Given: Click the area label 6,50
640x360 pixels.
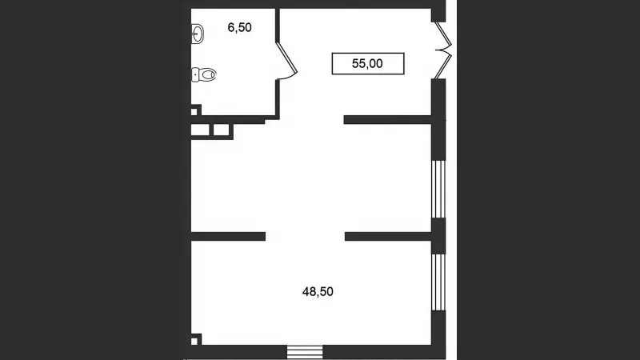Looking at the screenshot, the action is pos(239,28).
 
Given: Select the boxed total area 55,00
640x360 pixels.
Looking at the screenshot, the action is pos(368,64).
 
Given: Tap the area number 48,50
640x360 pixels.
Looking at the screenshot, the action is pos(318,292).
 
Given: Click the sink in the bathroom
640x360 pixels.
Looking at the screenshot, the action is pos(198,34).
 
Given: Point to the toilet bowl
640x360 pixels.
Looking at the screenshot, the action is pos(208,74).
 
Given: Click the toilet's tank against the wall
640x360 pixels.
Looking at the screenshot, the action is pos(195,74).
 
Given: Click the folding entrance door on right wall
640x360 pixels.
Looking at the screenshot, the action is pos(443,50).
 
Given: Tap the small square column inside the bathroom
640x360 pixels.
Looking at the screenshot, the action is pos(195,110).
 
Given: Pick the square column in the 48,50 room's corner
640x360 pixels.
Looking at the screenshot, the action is pos(195,339).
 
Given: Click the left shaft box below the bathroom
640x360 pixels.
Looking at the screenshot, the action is pos(200,130).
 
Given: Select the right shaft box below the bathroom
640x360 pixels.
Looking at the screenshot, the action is pos(222,130).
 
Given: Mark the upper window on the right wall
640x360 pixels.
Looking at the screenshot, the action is pos(438,190).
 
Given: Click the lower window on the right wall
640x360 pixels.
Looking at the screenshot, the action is pos(438,282).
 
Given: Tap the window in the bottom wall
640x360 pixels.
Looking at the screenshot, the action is pos(305,352).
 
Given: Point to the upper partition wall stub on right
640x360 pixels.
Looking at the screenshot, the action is pos(388,119).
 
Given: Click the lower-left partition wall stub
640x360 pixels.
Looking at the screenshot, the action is pos(228,236).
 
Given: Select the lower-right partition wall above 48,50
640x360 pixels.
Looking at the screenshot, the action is pos(388,236).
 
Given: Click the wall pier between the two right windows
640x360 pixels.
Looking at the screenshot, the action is pos(438,236).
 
